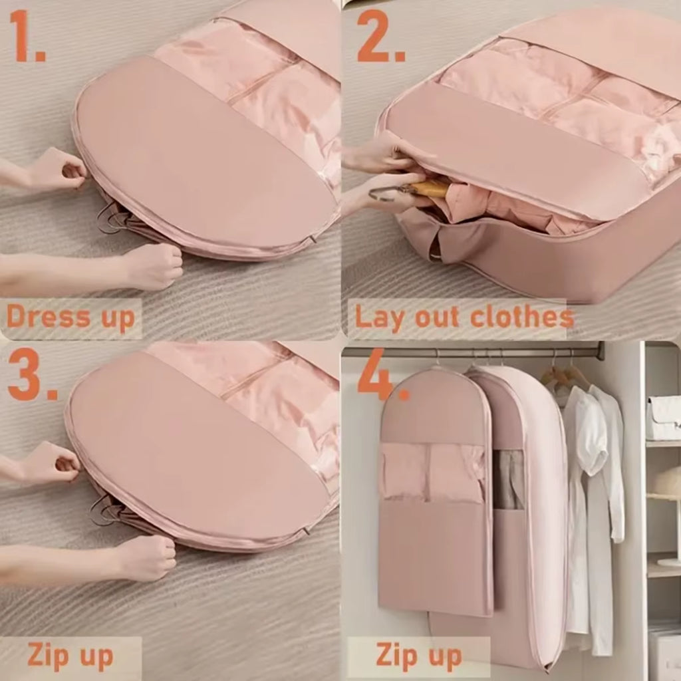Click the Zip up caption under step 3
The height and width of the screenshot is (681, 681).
70,658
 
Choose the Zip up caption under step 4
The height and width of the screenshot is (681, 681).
419,658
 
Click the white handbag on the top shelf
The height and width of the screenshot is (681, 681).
664,417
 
